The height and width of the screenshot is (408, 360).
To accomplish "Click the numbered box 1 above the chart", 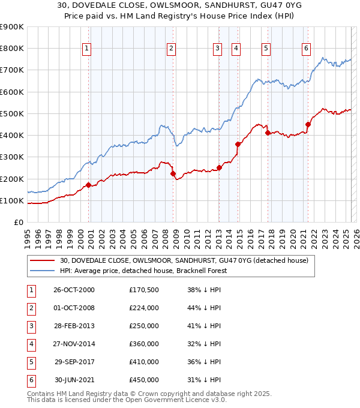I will coord(87,49).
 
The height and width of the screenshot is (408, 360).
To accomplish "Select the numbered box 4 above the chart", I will coord(236,49).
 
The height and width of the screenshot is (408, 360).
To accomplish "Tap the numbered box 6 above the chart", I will coord(306,49).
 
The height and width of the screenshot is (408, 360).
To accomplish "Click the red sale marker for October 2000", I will coord(89,185).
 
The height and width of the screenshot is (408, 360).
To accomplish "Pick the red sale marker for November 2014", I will coord(238,144).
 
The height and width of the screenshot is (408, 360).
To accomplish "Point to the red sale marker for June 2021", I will coord(308,124).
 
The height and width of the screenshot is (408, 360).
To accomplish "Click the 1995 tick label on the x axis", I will coord(28,234).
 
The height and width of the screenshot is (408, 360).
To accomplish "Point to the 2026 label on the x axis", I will coord(356,234).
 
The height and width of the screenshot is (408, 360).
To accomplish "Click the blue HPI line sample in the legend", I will coord(42,271).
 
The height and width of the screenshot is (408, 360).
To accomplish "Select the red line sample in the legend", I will coord(42,260).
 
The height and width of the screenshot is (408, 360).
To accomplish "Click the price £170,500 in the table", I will coord(144,290).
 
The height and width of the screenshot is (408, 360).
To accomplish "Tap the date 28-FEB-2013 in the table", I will coord(74,326).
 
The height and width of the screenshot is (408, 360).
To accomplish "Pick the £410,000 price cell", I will coord(144,362).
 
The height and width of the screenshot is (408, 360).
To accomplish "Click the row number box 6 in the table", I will coord(29,380).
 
